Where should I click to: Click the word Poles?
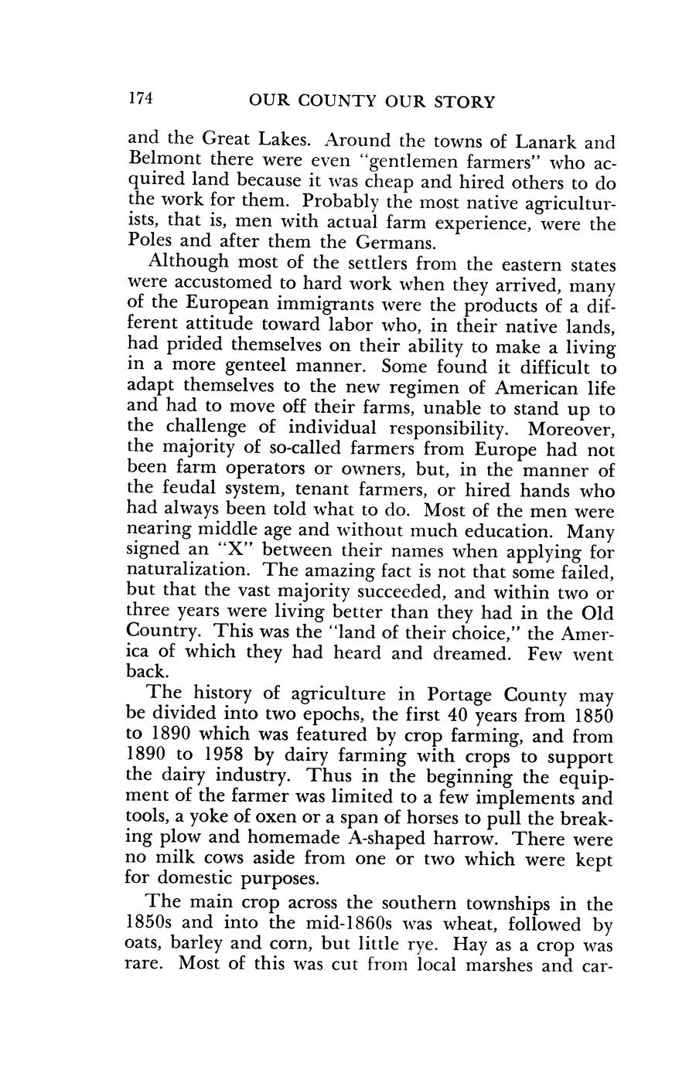(x=149, y=244)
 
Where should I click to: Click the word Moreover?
(x=571, y=427)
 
